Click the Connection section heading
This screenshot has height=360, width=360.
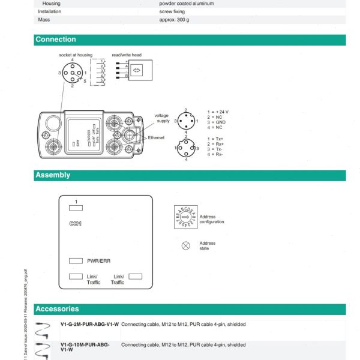tap(55, 40)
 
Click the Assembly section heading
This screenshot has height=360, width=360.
tap(53, 175)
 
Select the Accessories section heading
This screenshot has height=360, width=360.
tap(57, 309)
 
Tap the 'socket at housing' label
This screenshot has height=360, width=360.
tap(76, 55)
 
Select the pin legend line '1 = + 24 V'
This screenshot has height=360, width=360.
tap(218, 112)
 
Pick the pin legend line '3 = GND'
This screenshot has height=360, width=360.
tap(216, 122)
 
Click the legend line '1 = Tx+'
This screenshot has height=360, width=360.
tap(215, 139)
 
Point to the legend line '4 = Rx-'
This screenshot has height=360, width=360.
tap(215, 154)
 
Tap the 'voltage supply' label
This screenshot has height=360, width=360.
tap(162, 118)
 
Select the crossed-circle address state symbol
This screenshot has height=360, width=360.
tap(185, 245)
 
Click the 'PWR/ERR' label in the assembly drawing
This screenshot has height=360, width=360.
tap(98, 261)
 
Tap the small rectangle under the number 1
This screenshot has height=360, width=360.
tap(76, 208)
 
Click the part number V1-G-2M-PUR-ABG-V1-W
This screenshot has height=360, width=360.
tap(89, 325)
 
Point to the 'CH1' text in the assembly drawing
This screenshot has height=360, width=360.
tap(75, 223)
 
